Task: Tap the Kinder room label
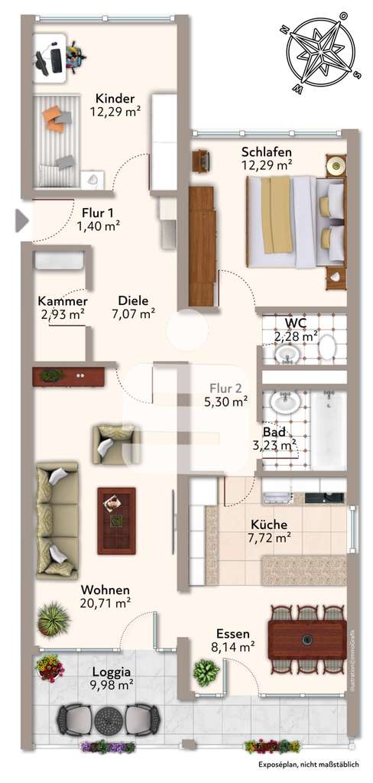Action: click(115, 99)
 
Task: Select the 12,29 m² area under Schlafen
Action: click(267, 164)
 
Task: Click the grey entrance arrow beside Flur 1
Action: click(21, 221)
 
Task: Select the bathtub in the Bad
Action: click(329, 430)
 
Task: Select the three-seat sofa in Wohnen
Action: click(57, 520)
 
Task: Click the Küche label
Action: click(269, 525)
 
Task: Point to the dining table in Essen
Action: click(307, 635)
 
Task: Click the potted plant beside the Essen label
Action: click(206, 673)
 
